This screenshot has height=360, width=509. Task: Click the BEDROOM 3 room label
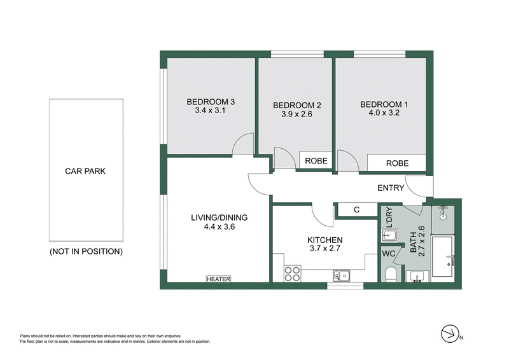[211, 101]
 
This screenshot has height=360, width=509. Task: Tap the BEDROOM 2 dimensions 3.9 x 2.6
[296, 114]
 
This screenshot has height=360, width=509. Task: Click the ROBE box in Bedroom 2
[316, 161]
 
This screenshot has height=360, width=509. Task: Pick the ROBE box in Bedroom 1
[396, 163]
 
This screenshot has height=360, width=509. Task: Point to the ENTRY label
[391, 188]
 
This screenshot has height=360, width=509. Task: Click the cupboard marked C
[356, 210]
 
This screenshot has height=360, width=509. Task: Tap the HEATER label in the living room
[218, 279]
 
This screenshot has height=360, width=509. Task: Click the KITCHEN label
[325, 240]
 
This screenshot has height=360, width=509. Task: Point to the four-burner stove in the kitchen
[291, 273]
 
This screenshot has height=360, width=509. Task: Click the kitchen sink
[340, 275]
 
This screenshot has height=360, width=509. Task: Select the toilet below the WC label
[391, 273]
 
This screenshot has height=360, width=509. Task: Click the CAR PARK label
[85, 170]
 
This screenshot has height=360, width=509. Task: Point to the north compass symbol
[450, 333]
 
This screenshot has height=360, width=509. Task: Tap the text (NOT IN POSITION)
[85, 251]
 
